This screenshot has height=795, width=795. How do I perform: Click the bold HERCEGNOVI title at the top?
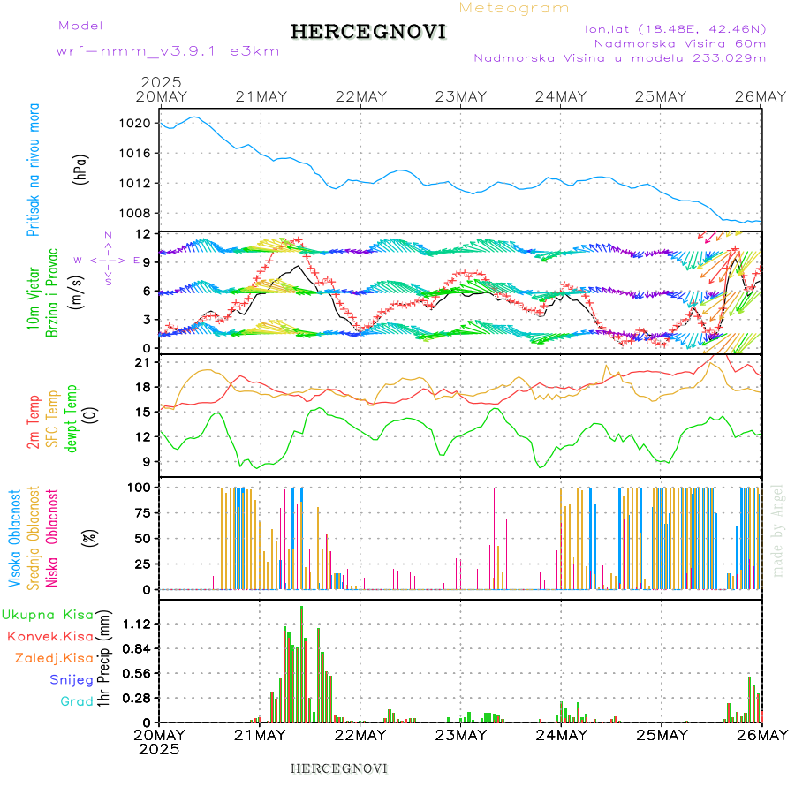pos(368,32)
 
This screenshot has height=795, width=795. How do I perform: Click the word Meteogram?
pos(515,8)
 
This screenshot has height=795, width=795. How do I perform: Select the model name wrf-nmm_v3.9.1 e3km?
pos(168,51)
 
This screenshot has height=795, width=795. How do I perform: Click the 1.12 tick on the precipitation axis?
pos(135,624)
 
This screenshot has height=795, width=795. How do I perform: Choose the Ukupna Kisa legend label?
pos(47,614)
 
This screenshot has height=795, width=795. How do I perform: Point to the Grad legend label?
pos(77,701)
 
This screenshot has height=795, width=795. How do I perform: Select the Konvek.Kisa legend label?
pos(50,636)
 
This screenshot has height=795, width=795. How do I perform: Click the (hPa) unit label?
pos(81,169)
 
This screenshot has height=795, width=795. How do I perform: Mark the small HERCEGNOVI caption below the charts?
pos(339,768)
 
